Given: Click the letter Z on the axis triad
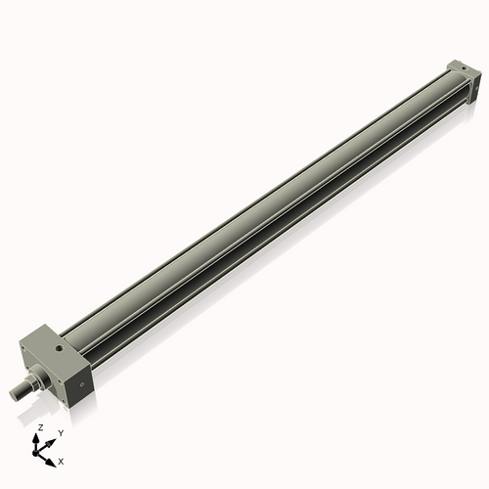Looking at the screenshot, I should click(39, 428).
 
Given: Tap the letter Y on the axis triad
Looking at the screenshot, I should click(61, 432).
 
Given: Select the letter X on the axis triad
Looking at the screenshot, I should click(61, 460).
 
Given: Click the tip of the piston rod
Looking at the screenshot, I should click(14, 394).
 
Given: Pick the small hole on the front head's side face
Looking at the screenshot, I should click(83, 386).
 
